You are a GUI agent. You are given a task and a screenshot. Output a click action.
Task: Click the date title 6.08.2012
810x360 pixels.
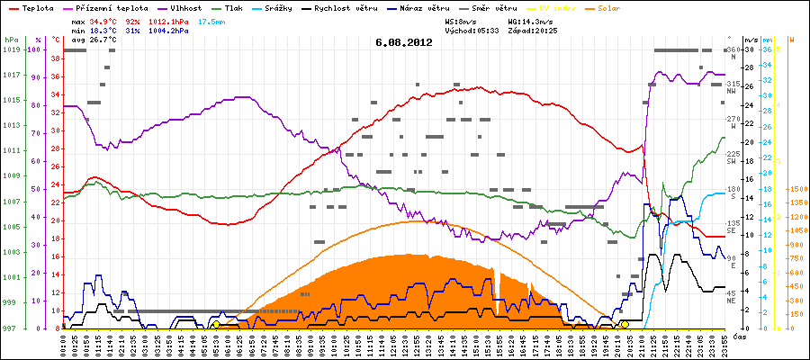tap(404, 42)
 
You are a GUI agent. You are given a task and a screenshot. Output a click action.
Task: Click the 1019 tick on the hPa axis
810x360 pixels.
tap(11, 49)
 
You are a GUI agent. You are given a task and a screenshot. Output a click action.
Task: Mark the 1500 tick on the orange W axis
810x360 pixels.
tap(797, 190)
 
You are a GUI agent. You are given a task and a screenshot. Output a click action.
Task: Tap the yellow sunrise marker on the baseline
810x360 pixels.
tap(216, 324)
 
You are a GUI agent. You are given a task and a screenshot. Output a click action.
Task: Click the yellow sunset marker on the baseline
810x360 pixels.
tap(625, 324)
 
